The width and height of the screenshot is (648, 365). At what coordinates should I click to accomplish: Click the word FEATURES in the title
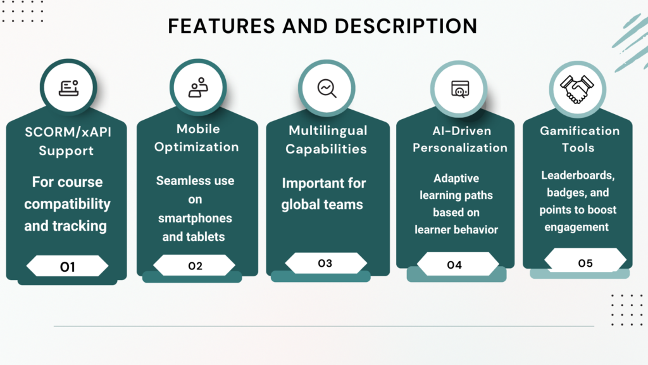coord(221,26)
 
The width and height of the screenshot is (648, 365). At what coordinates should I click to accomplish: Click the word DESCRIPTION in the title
coord(406,26)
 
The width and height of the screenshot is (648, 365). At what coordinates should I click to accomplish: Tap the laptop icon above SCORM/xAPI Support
coord(68,88)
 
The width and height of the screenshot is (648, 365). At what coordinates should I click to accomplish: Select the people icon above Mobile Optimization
coord(198,87)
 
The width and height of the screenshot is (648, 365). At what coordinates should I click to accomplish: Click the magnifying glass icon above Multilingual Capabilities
coord(327,89)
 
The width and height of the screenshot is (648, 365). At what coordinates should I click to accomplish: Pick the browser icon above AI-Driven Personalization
coord(460,89)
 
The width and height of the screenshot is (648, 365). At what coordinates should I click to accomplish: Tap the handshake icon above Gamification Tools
coord(577,89)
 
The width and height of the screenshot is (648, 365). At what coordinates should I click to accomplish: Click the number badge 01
coord(67,266)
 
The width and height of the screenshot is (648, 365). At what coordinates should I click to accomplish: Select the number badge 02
coord(195,266)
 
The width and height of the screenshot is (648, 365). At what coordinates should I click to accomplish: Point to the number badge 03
coord(326,263)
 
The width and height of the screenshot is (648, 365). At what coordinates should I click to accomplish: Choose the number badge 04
coord(454,265)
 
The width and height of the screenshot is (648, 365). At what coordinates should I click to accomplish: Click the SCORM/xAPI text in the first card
coord(68,132)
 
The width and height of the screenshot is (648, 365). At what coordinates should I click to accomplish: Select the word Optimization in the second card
coord(197,147)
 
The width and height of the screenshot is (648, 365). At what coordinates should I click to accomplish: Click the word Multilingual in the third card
coord(328,131)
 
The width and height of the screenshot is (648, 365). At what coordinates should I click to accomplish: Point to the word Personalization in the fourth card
coord(460,148)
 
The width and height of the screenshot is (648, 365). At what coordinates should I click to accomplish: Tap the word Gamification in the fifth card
coord(580,131)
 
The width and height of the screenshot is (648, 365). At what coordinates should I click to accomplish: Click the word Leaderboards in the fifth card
coord(578,176)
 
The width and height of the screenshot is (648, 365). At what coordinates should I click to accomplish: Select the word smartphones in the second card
coord(195,218)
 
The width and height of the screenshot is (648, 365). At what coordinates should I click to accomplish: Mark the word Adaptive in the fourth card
coord(456,178)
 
